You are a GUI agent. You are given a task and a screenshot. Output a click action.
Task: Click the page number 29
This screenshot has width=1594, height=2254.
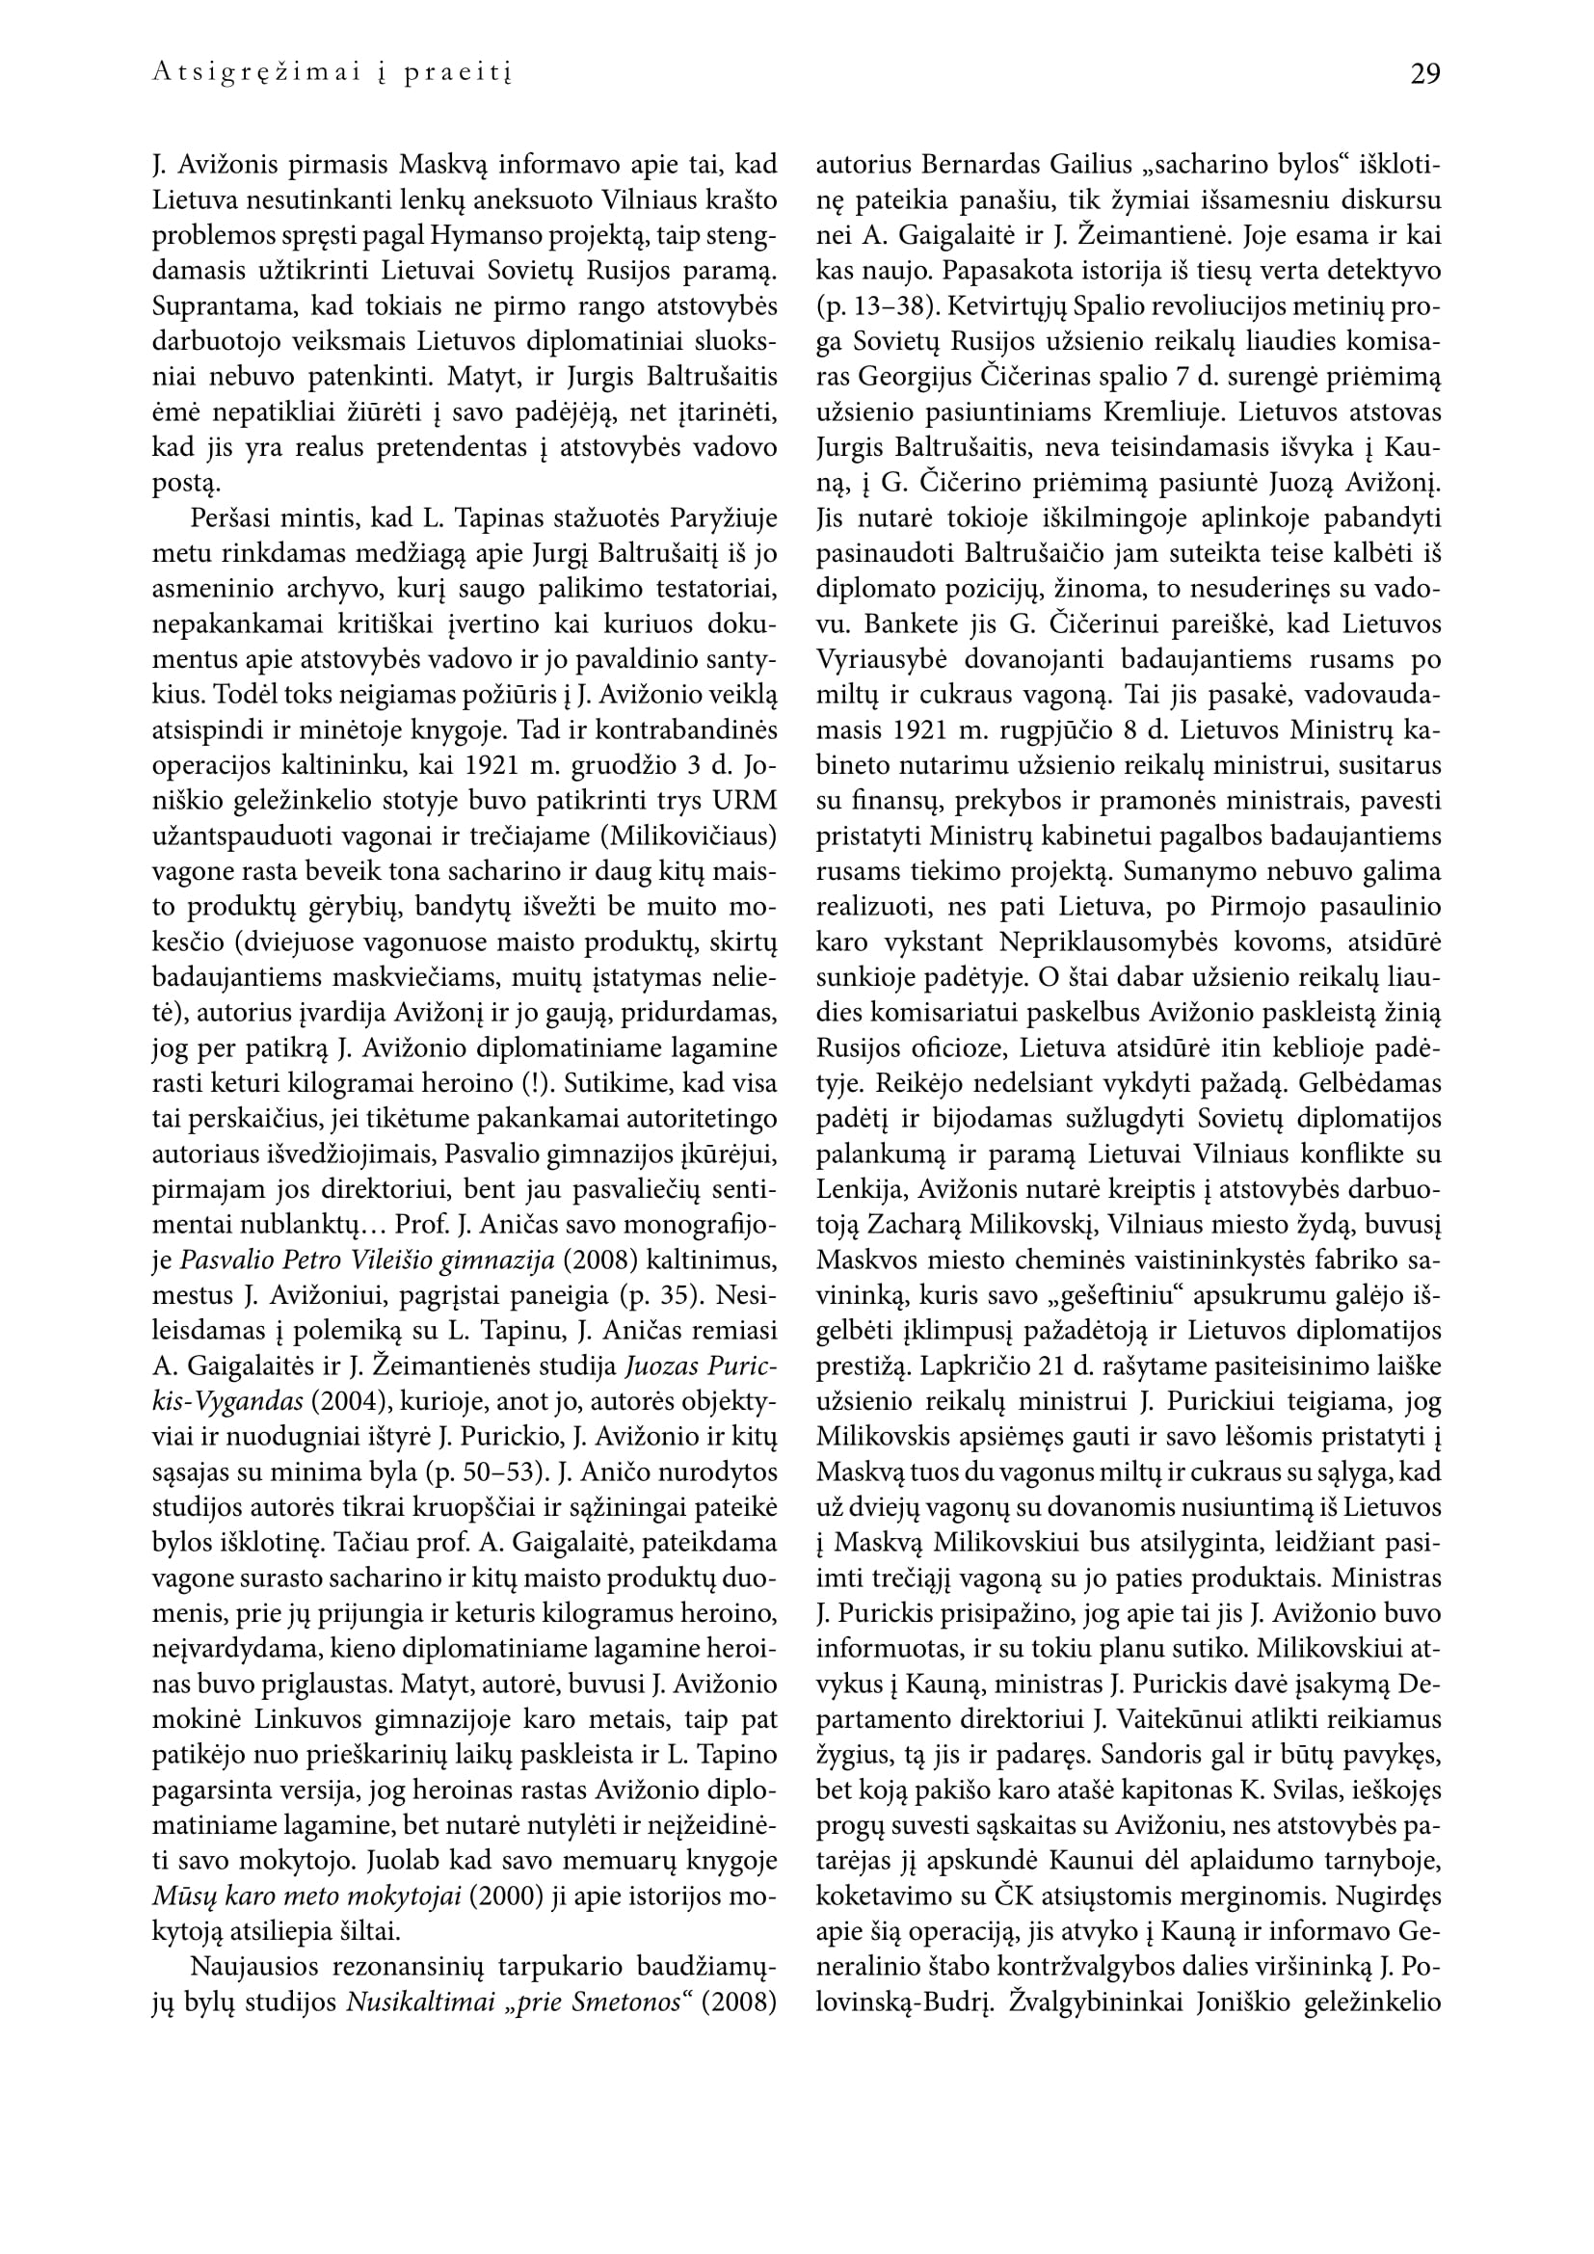coord(1425,73)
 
